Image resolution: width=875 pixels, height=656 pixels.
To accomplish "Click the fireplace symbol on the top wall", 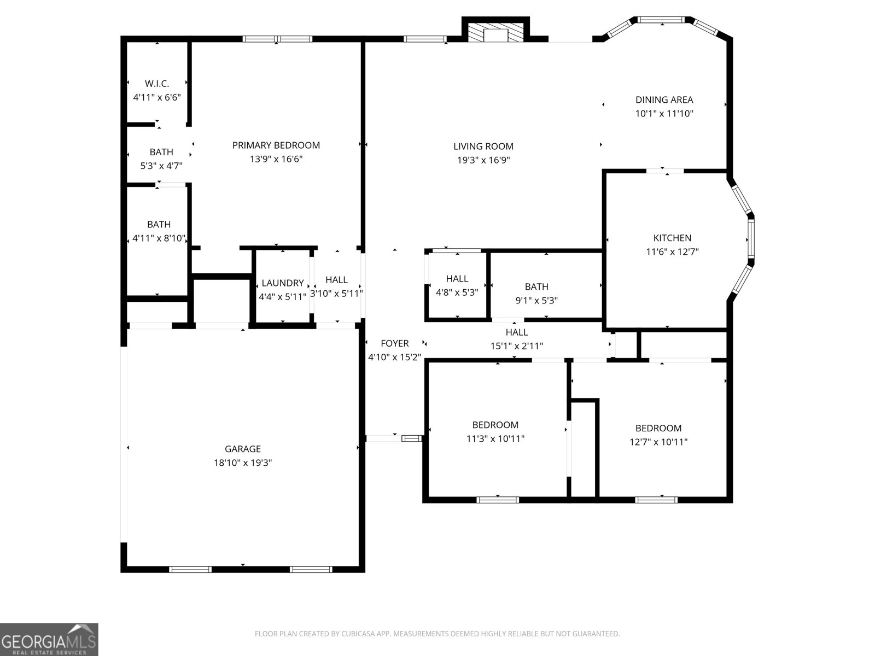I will click(x=496, y=33).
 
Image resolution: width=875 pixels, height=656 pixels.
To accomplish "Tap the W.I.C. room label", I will click(x=157, y=84).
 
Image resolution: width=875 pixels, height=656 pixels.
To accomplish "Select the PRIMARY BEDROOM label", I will click(x=276, y=145).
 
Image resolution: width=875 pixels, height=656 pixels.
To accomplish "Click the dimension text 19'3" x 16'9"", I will click(x=483, y=160).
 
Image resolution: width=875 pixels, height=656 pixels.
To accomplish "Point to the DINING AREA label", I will click(x=664, y=99).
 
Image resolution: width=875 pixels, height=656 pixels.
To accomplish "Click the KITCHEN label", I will click(x=672, y=238).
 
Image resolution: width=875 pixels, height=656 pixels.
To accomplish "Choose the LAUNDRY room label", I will click(x=282, y=283).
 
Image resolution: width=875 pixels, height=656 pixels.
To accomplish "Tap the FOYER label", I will click(x=394, y=343).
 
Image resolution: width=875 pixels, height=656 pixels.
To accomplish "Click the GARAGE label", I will click(x=243, y=449).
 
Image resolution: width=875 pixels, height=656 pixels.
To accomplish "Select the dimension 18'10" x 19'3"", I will click(x=243, y=463).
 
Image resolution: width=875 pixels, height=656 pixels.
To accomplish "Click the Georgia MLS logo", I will click(x=49, y=640).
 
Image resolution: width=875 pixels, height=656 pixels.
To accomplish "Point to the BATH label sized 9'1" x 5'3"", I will click(x=536, y=286).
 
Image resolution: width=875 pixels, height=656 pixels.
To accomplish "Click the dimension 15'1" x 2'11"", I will click(x=517, y=346).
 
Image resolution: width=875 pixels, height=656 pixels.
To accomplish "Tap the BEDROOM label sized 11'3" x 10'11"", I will click(x=495, y=425).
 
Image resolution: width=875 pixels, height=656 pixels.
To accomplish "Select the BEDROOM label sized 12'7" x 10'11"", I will click(x=658, y=428).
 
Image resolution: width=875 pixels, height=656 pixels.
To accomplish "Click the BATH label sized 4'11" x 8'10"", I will click(x=159, y=224).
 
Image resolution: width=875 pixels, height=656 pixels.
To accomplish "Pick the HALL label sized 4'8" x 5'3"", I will click(x=457, y=279).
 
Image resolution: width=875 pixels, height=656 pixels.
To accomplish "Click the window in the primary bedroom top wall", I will click(x=278, y=39).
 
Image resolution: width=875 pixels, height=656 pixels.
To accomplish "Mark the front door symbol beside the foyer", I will click(x=411, y=438).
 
